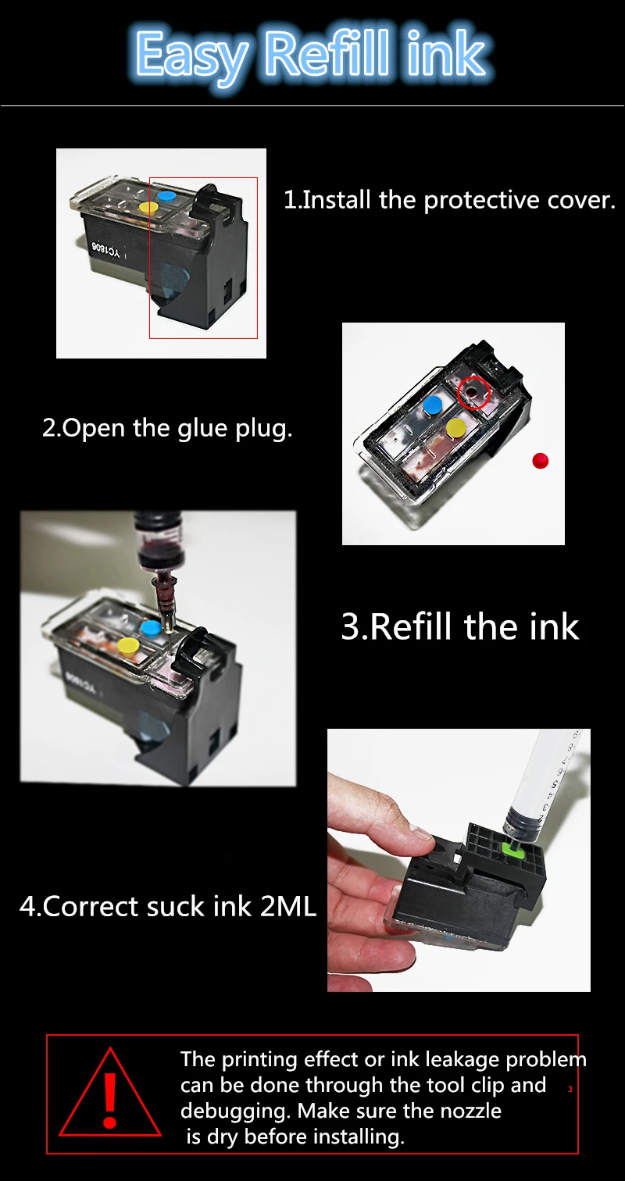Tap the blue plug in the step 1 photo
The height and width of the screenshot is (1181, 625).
166,195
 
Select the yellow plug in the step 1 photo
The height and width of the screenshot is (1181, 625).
148,208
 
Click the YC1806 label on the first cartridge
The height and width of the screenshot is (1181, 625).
106,252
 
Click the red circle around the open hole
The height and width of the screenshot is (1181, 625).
473,393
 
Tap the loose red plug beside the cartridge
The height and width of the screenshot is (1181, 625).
541,460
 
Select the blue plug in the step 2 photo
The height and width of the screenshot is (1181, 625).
433,405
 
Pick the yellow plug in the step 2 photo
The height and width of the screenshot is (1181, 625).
455,427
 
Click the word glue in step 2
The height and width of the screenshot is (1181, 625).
204,428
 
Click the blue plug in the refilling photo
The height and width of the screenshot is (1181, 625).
151,628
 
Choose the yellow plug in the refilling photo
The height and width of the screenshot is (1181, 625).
129,645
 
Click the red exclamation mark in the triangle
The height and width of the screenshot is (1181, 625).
109,1101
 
